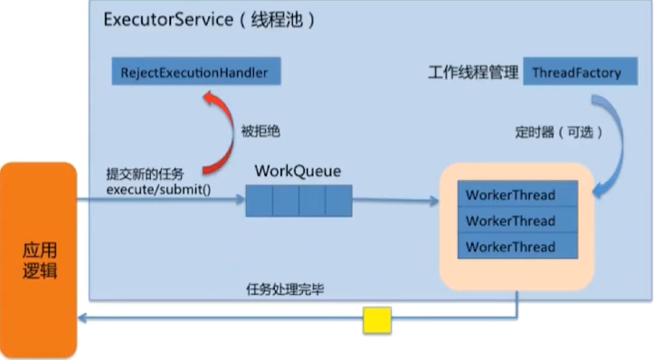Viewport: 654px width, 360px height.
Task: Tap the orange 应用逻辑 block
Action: [38, 257]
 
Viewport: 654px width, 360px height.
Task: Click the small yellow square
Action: [377, 320]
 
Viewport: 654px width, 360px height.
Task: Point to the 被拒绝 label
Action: [261, 131]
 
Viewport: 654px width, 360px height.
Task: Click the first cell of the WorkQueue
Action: [259, 200]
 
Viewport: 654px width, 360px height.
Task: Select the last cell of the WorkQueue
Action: [338, 200]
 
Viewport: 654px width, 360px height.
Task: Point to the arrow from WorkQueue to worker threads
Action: [398, 200]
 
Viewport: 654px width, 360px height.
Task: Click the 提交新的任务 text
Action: [145, 175]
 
